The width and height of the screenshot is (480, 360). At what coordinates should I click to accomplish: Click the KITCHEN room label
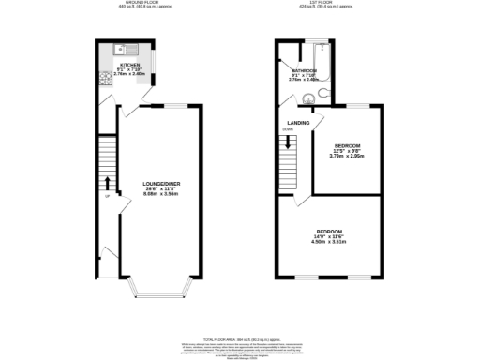coord(127,65)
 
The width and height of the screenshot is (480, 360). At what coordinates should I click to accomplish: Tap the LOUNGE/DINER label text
coord(156,183)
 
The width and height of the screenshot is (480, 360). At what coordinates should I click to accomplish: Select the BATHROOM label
coord(304,70)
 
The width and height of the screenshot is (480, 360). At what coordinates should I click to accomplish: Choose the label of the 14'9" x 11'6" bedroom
coord(328,231)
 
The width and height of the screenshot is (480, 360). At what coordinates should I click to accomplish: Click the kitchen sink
coord(114,48)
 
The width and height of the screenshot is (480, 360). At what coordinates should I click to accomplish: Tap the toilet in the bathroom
coord(322,93)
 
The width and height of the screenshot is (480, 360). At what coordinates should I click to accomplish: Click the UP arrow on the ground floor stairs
coord(108,182)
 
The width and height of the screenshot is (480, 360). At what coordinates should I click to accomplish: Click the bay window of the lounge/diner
coord(156,285)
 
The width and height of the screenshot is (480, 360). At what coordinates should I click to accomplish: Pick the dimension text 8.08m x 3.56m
coord(156,194)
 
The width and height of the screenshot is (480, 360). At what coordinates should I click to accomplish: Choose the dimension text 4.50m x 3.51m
coord(328,242)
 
